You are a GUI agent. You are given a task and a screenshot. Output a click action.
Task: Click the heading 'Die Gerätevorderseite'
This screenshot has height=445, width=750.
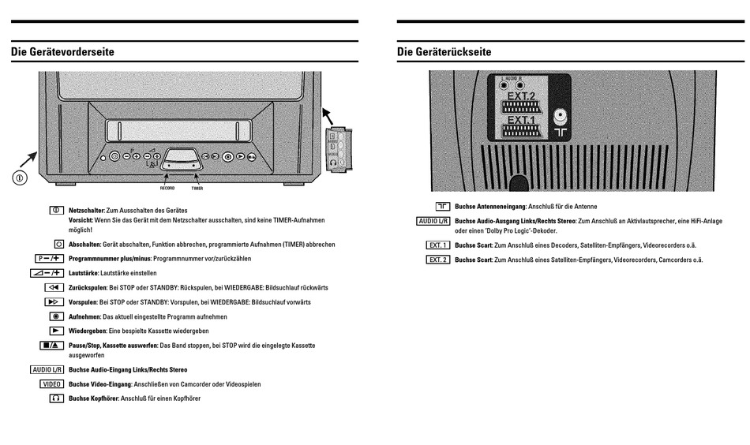click(62, 52)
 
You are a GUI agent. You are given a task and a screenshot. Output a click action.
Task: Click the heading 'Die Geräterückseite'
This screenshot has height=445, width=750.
click(444, 52)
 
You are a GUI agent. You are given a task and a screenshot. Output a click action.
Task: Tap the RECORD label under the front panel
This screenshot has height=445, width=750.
click(167, 189)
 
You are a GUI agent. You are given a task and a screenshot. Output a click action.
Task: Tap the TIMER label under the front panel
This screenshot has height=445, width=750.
click(197, 189)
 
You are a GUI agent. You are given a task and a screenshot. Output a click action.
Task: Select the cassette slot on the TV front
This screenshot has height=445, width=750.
click(177, 129)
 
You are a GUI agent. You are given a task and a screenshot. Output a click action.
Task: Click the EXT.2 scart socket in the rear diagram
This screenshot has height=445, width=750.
click(521, 107)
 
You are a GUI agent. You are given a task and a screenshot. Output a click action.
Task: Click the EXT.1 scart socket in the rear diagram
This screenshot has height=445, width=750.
click(521, 130)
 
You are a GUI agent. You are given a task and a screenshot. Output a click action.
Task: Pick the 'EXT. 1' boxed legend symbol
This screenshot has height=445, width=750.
click(437, 245)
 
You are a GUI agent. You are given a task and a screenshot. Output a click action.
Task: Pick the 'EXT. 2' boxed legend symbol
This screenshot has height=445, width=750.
click(437, 260)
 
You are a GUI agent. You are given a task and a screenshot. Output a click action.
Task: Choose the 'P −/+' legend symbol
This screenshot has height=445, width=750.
click(49, 258)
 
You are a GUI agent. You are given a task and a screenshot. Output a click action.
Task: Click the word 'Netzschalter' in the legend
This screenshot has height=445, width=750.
click(86, 211)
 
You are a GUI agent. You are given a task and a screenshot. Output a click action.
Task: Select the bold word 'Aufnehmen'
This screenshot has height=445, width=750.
click(84, 316)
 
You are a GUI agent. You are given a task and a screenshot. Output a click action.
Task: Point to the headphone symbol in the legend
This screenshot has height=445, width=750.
click(55, 398)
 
